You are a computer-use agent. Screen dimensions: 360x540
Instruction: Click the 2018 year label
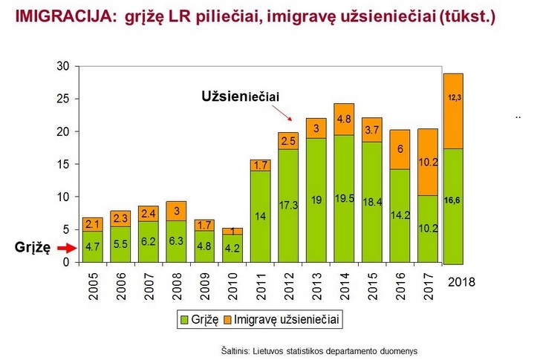click(461, 282)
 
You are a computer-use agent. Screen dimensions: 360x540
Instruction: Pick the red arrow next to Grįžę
click(64, 249)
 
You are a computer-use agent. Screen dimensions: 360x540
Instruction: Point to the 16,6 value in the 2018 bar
click(453, 200)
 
